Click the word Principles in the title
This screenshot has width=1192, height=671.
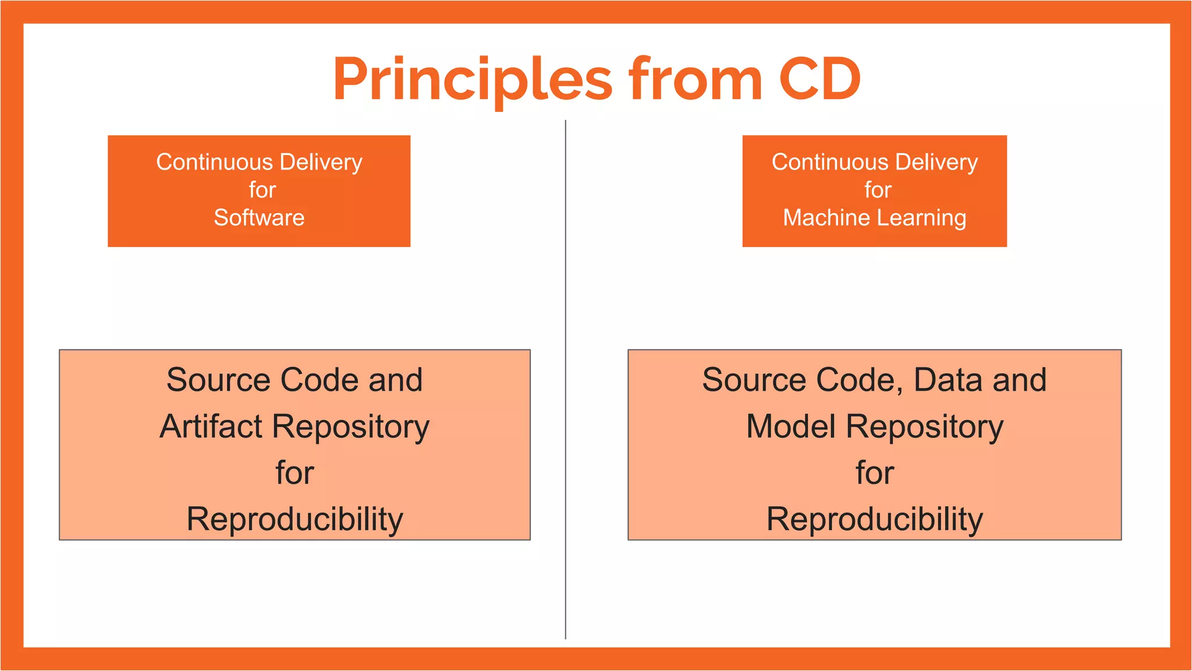(472, 80)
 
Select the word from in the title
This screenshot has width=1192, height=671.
(695, 80)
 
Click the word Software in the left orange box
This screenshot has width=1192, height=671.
(259, 218)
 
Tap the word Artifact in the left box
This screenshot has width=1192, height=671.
(211, 426)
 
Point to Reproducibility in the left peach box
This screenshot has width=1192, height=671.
(295, 519)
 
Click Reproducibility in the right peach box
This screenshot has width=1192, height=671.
(874, 519)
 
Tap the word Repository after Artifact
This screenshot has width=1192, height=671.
(351, 426)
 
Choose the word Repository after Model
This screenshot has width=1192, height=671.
(925, 426)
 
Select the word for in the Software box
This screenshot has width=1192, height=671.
(262, 190)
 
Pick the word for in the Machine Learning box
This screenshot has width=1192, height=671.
(878, 190)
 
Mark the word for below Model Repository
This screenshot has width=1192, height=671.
(874, 472)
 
